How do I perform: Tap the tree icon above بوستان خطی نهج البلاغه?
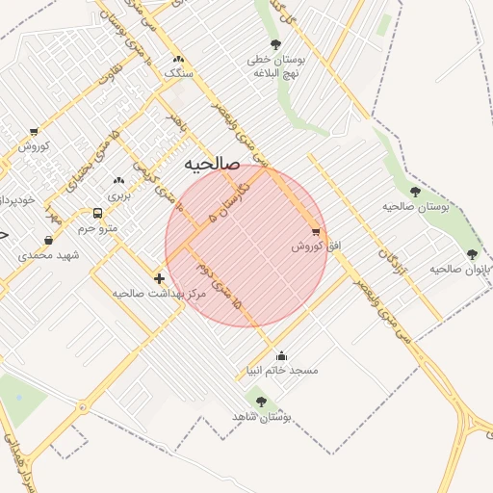(276, 44)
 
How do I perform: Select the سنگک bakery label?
(179, 73)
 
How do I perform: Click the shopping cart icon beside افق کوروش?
(316, 232)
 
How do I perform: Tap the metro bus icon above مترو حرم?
(97, 213)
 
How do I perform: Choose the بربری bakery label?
(117, 195)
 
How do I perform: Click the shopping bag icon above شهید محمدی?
(49, 240)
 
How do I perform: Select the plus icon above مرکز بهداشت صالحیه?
(159, 277)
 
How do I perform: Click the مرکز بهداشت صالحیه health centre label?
(160, 292)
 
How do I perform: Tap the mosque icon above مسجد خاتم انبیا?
(281, 355)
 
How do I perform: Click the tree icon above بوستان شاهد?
(261, 401)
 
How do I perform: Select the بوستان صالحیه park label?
(416, 207)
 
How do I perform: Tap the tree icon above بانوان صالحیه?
(472, 254)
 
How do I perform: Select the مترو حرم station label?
(97, 228)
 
